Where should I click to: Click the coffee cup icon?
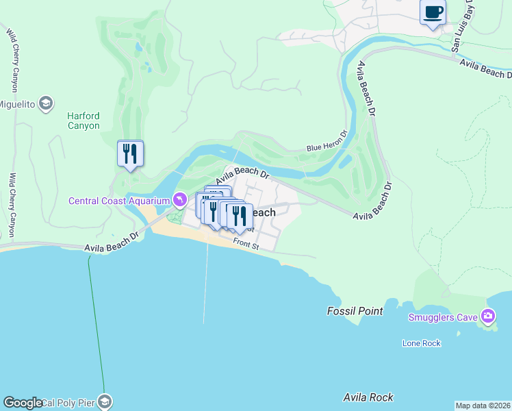tap(433, 12)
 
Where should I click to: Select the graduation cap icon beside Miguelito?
tap(46, 103)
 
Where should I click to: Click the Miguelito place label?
tap(18, 103)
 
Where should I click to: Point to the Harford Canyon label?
tap(84, 121)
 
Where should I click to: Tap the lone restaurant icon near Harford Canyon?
tap(130, 153)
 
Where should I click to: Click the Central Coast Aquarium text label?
tap(118, 201)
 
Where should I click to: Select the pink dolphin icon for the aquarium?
tap(179, 200)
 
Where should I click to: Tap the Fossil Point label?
tap(355, 311)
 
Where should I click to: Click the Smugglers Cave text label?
tap(443, 316)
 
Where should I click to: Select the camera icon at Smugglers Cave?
tap(488, 316)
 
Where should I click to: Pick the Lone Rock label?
tap(422, 343)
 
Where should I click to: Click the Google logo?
tap(23, 403)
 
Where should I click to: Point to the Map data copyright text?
tap(483, 406)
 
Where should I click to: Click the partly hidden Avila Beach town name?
tap(264, 213)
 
